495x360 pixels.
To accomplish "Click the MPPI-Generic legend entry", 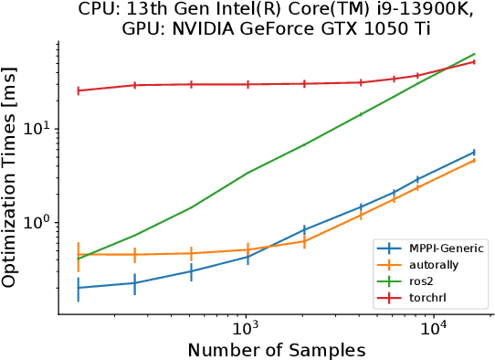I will pos(429,248).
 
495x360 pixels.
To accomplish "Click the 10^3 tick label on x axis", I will pos(246,328).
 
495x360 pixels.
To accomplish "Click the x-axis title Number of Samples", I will pos(276,350).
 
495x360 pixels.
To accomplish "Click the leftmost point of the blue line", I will pos(79,288).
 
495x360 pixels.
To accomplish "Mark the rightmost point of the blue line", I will pos(473,152).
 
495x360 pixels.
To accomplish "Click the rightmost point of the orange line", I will pos(473,160).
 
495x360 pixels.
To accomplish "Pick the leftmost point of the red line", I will pos(79,90).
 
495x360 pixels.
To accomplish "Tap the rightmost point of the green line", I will pos(473,54).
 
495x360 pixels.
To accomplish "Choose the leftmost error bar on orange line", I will pos(79,254).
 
